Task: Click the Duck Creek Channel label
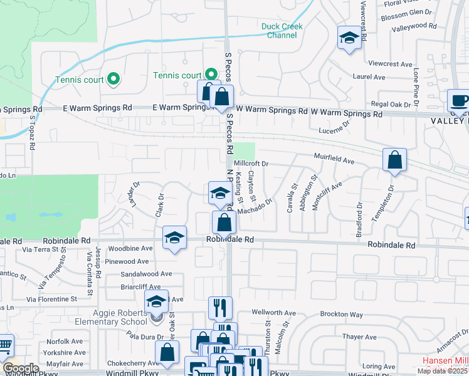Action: coord(282,31)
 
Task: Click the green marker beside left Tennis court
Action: coord(113,79)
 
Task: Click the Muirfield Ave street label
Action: coord(334,161)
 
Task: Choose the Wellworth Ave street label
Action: coord(273,312)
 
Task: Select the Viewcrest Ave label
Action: coord(391,64)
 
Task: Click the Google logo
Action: coord(21,368)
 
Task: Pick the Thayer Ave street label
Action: coord(359,337)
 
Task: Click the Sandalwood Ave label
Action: coord(146,274)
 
